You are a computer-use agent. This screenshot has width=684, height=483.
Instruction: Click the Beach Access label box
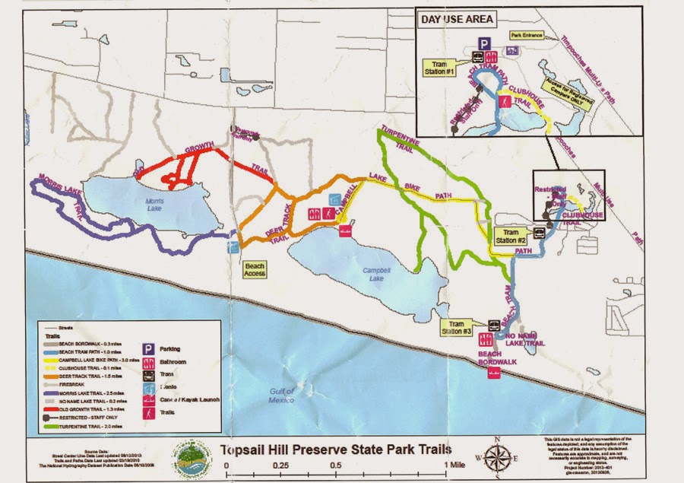(255, 269)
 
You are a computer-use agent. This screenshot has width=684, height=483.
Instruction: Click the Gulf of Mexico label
(285, 394)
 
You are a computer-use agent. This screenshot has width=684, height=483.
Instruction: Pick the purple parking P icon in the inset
(482, 44)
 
